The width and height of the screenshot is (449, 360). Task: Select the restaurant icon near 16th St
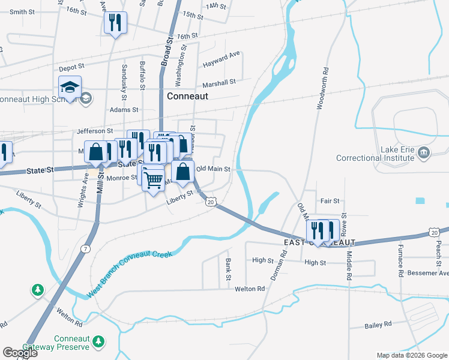pos(113,23)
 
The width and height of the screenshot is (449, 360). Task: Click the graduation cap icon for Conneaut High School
pos(70,88)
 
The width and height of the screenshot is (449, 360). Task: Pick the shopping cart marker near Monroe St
pos(154,178)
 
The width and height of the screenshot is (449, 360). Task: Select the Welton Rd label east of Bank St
pos(250,289)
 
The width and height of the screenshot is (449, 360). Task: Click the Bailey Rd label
pos(378,324)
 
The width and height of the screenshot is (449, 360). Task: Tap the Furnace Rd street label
pos(400,259)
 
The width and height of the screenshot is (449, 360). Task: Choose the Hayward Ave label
pos(221,59)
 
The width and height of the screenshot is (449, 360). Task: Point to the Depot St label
pos(71,68)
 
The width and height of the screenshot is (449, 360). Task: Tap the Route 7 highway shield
pos(88,248)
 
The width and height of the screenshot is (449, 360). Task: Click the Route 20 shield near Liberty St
pos(210,203)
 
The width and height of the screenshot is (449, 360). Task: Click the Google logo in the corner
pos(20,353)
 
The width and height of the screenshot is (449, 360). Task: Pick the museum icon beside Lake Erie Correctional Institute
pos(424,151)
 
